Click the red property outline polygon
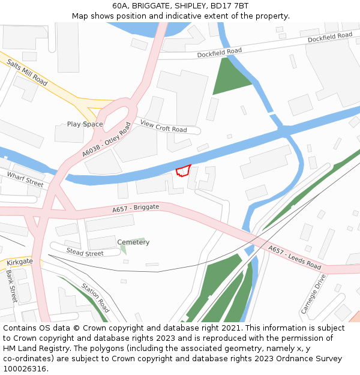pyautogui.click(x=183, y=170)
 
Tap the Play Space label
pyautogui.click(x=85, y=124)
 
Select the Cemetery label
pyautogui.click(x=133, y=242)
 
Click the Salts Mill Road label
pyautogui.click(x=27, y=72)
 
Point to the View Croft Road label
pyautogui.click(x=163, y=126)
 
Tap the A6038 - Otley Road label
pyautogui.click(x=107, y=140)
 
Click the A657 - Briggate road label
pyautogui.click(x=136, y=208)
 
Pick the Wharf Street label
pyautogui.click(x=25, y=179)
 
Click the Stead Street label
pyautogui.click(x=85, y=253)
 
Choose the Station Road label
pyautogui.click(x=95, y=298)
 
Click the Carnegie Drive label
pyautogui.click(x=313, y=294)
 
